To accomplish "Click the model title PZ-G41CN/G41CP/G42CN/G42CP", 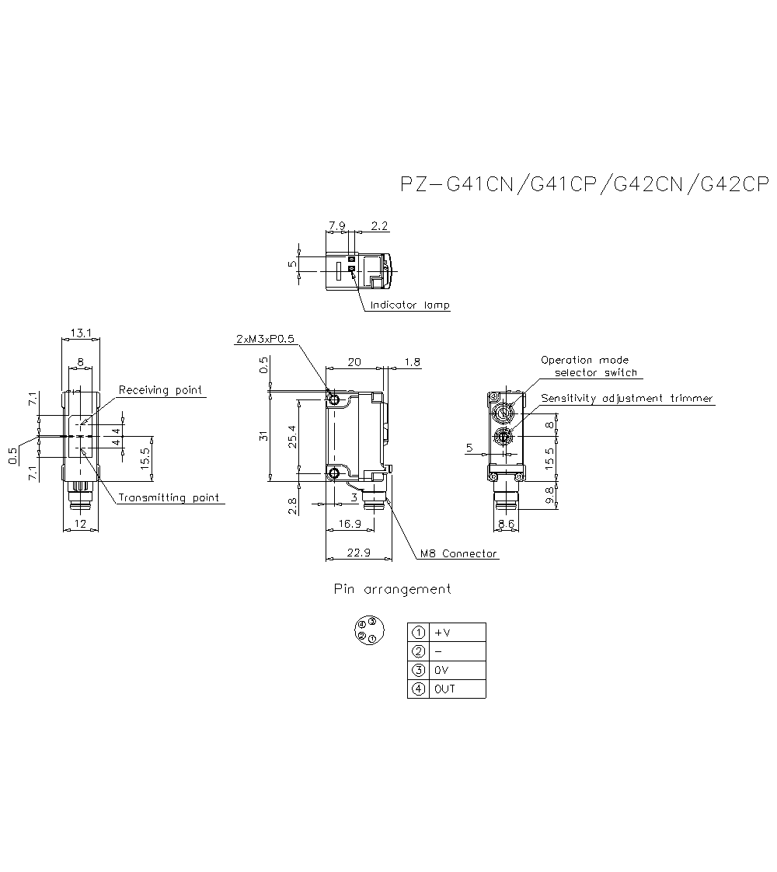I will [x=584, y=184].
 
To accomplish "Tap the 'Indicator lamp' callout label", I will [x=409, y=305].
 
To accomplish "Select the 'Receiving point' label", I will [x=160, y=390].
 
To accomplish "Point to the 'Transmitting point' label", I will [x=168, y=498].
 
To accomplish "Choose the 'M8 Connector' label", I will [x=458, y=554].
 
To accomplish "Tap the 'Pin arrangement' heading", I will [x=392, y=589].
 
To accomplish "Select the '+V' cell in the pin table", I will [x=459, y=632].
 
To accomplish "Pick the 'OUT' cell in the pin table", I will [x=459, y=689].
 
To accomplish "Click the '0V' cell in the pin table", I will [x=459, y=670].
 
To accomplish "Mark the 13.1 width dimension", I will [x=81, y=333].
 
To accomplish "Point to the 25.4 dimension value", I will [x=291, y=438].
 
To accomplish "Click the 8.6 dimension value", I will [x=506, y=525].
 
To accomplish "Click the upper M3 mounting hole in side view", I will [x=334, y=399].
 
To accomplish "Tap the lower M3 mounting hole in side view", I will [x=334, y=473].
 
